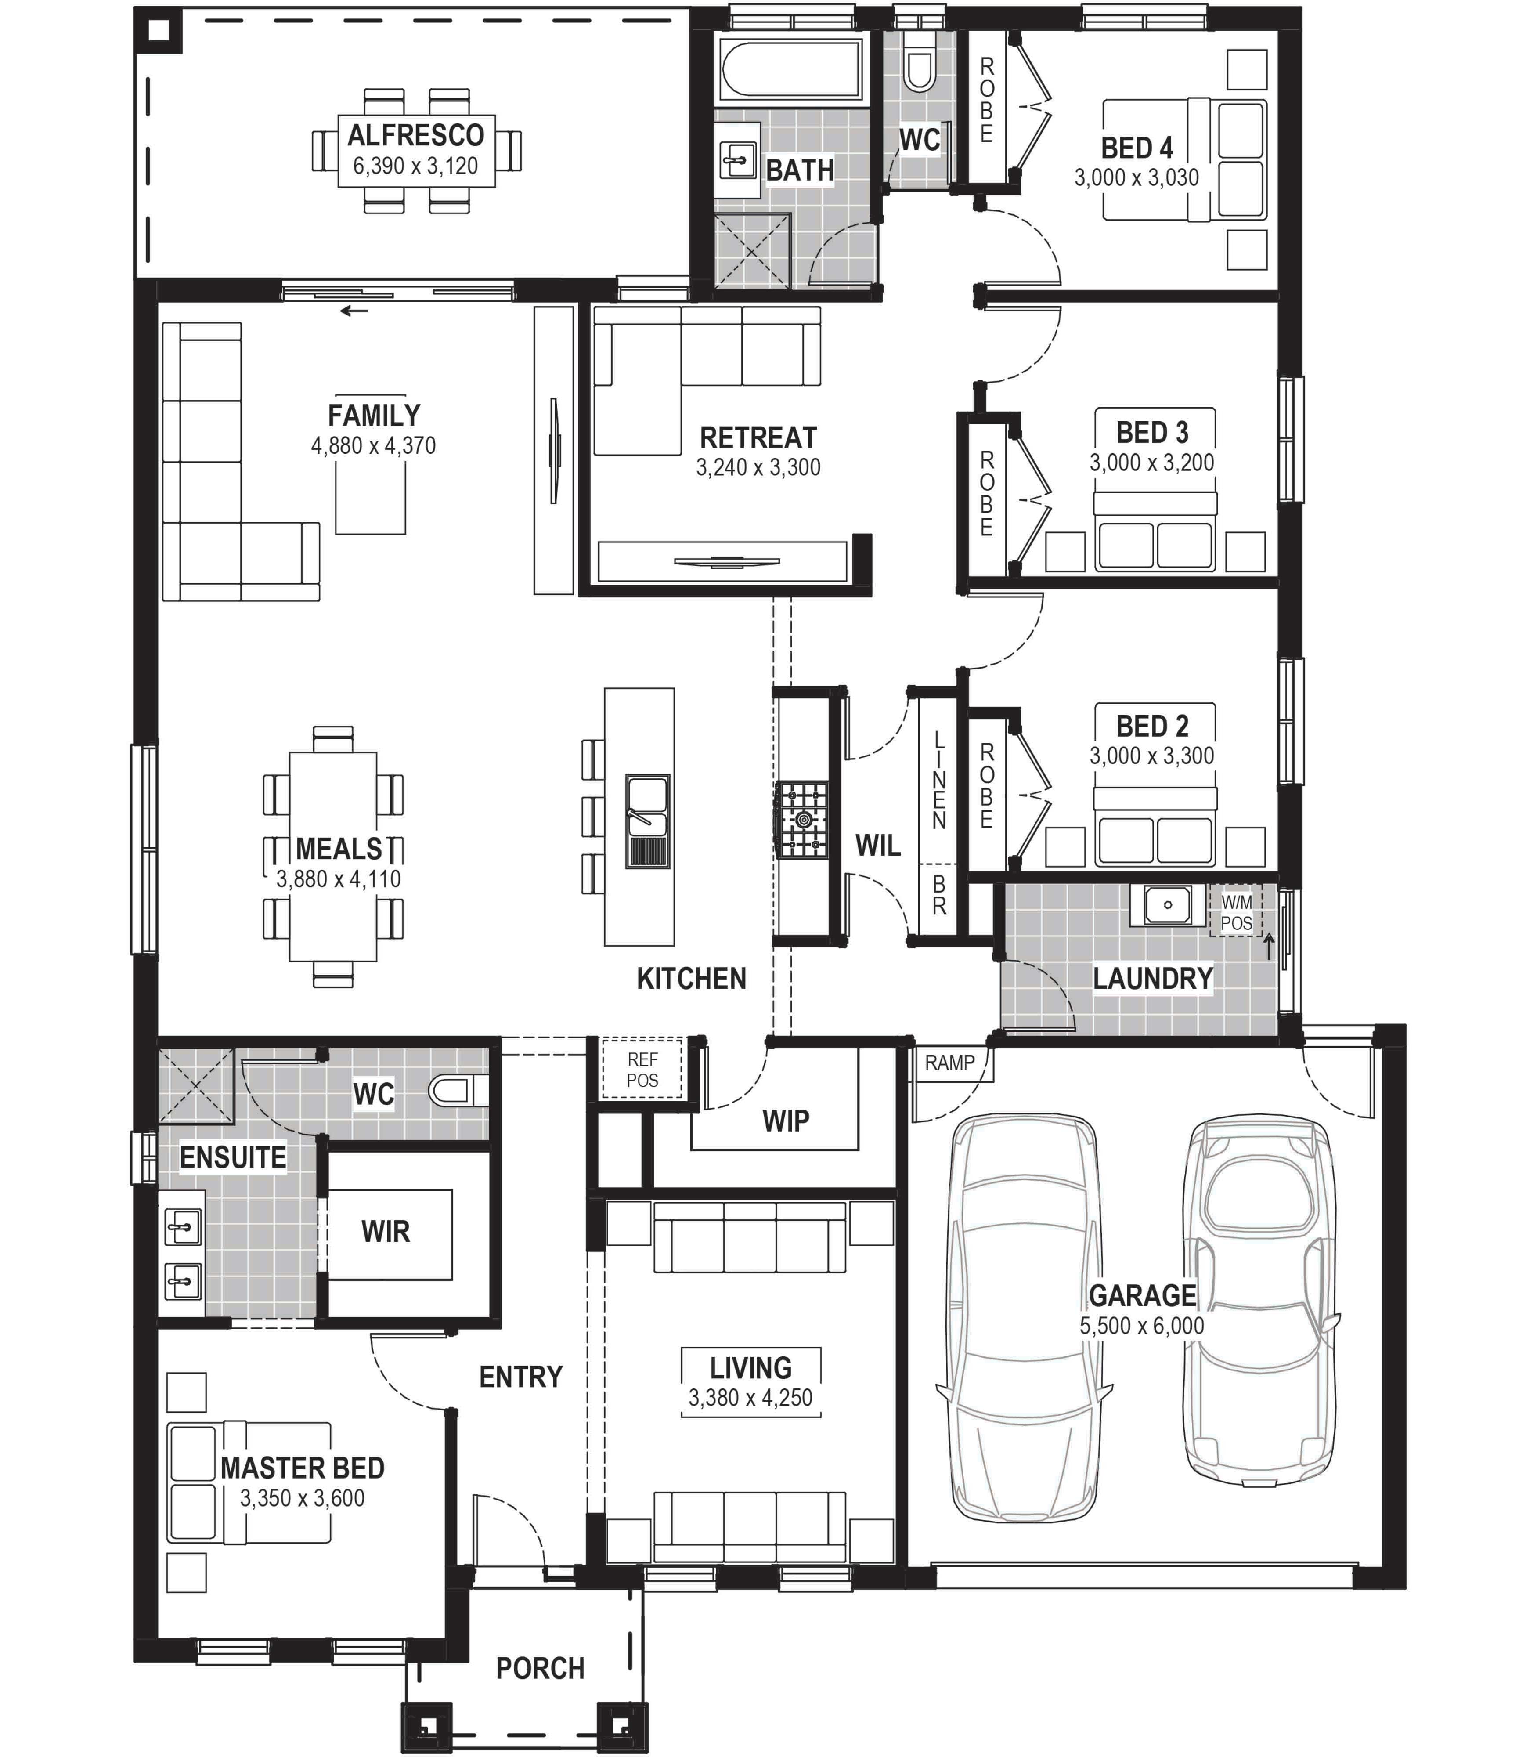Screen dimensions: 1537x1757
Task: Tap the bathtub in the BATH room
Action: [791, 69]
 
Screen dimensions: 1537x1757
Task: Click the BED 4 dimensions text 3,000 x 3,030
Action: [1137, 178]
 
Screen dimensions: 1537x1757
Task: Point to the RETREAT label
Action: [758, 437]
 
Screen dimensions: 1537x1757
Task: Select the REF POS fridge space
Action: [642, 1069]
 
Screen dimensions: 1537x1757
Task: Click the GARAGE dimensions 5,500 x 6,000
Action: [1142, 1326]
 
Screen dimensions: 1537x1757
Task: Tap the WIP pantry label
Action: [786, 1121]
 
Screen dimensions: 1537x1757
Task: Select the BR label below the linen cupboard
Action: [939, 895]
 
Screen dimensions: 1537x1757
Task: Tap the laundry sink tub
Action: [1167, 905]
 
